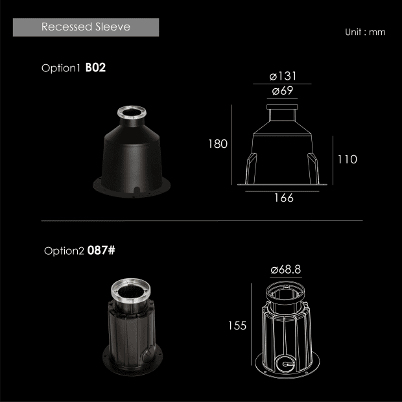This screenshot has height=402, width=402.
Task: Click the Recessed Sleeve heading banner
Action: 86,27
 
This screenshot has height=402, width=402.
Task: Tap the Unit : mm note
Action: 365,32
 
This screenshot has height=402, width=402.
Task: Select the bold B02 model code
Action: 95,67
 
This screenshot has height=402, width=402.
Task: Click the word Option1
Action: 61,68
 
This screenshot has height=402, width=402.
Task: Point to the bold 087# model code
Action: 101,250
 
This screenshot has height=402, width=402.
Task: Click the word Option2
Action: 64,251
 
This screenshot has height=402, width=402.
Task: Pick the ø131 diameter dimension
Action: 283,76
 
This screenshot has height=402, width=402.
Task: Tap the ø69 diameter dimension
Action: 282,91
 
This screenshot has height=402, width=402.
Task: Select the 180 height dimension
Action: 218,144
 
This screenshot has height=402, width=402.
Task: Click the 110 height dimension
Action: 347,160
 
